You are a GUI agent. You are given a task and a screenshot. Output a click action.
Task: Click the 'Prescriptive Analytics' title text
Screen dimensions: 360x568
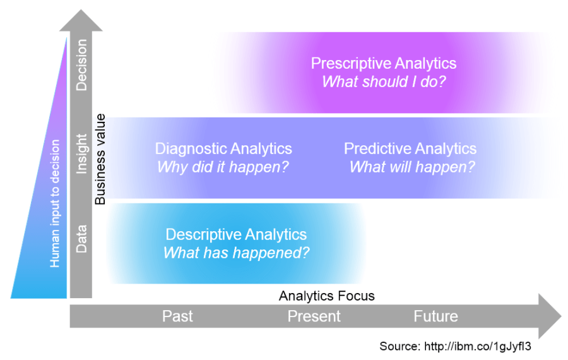[x=383, y=63]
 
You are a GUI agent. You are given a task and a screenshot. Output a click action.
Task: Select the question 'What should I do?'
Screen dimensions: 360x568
[x=383, y=81]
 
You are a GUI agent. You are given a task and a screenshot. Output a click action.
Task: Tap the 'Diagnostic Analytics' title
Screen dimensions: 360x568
[x=223, y=149]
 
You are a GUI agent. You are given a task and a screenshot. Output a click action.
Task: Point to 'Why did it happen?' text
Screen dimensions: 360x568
[x=223, y=167]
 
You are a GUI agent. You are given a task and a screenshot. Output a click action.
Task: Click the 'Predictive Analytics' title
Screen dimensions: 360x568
[x=410, y=149]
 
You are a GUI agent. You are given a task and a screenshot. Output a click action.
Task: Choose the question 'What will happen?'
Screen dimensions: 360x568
[x=412, y=167]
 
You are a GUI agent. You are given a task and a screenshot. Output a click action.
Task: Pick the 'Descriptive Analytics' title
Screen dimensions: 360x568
[x=236, y=235]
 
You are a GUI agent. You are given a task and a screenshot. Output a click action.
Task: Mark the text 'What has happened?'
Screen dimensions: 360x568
[x=236, y=253]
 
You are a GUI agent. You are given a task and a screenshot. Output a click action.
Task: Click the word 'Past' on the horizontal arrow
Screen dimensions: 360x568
[x=177, y=316]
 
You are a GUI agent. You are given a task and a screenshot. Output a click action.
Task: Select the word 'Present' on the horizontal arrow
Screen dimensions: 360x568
[x=314, y=316]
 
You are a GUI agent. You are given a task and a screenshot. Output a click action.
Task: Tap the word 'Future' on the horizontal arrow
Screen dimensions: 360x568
[x=435, y=316]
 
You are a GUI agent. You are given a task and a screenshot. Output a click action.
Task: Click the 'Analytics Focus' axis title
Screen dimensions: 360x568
[x=326, y=296]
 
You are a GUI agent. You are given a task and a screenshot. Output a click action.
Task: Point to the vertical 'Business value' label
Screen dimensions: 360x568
[x=100, y=160]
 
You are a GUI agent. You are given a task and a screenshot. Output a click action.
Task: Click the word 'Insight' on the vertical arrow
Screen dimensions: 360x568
[x=81, y=153]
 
